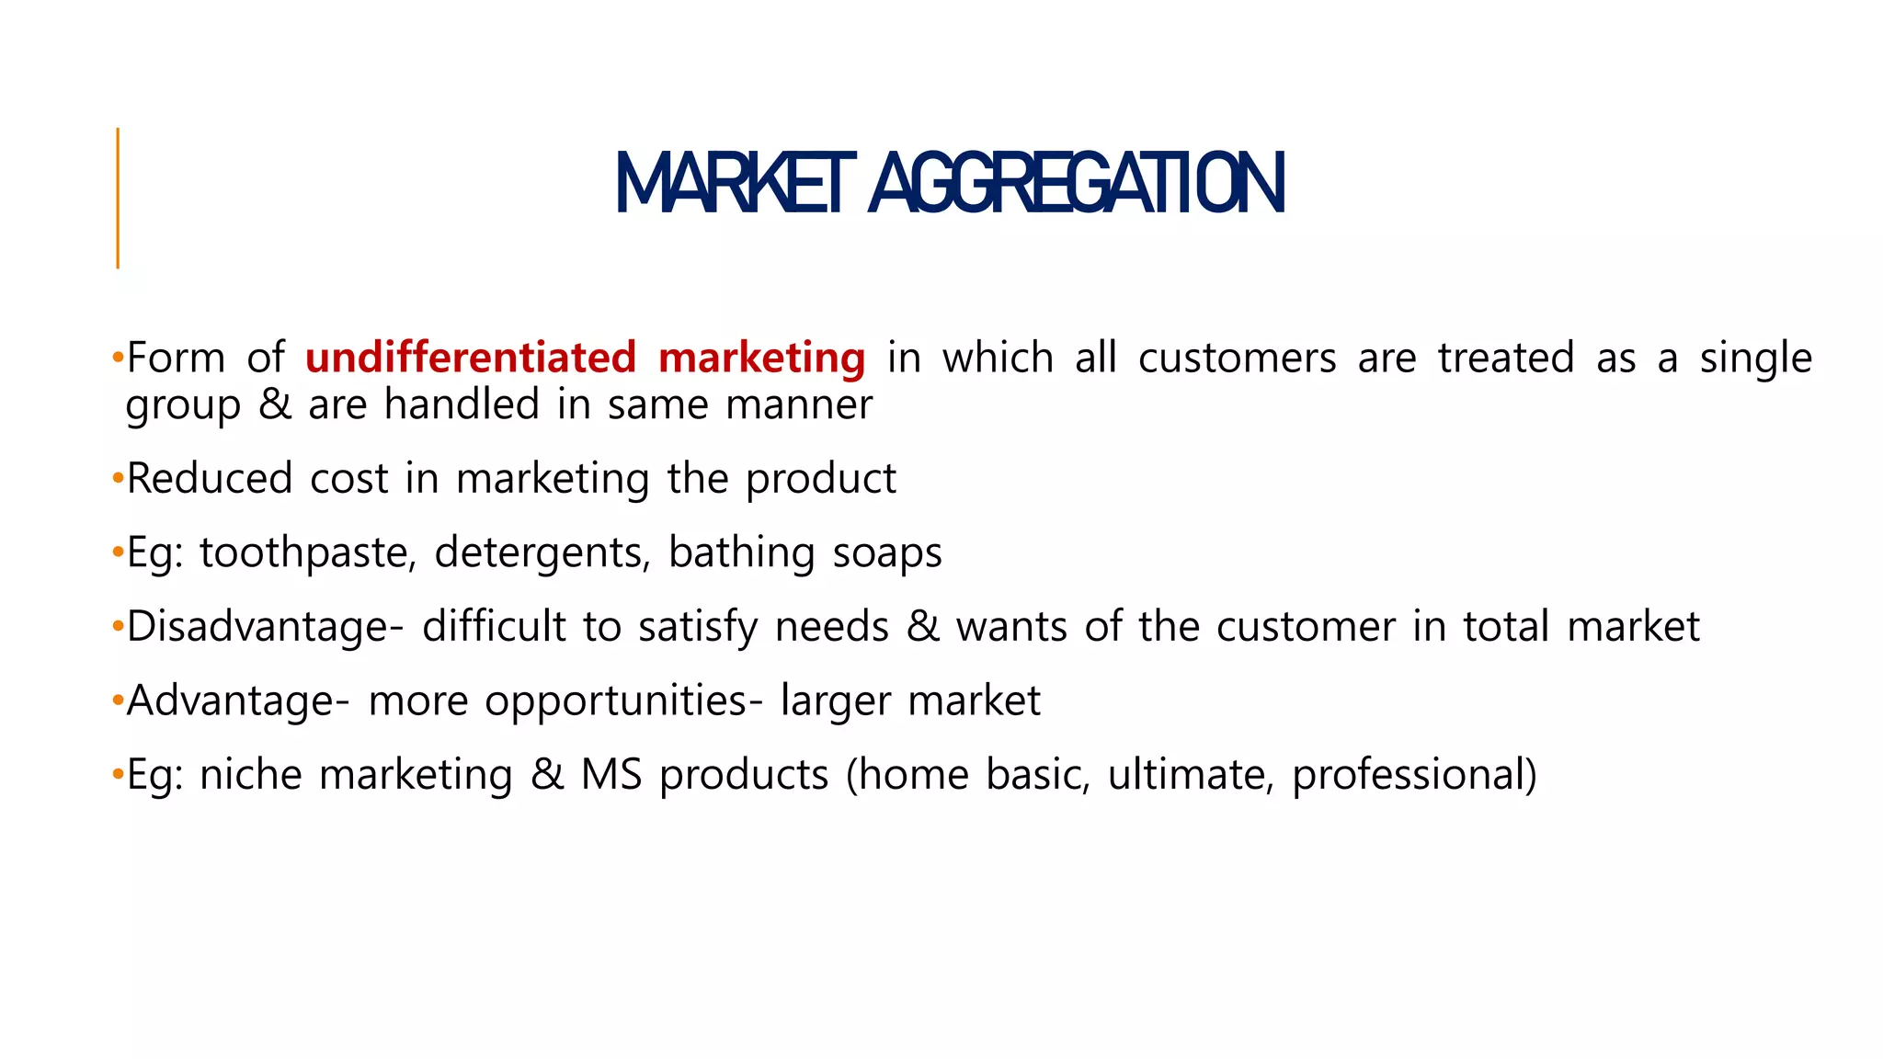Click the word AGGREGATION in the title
(x=1076, y=184)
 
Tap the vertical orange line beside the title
(x=118, y=198)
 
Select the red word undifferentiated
(x=471, y=358)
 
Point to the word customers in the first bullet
(x=1237, y=359)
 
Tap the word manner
(x=799, y=405)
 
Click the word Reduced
(x=210, y=479)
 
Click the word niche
(x=251, y=775)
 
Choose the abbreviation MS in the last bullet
(x=611, y=775)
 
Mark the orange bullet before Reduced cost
(x=117, y=479)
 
